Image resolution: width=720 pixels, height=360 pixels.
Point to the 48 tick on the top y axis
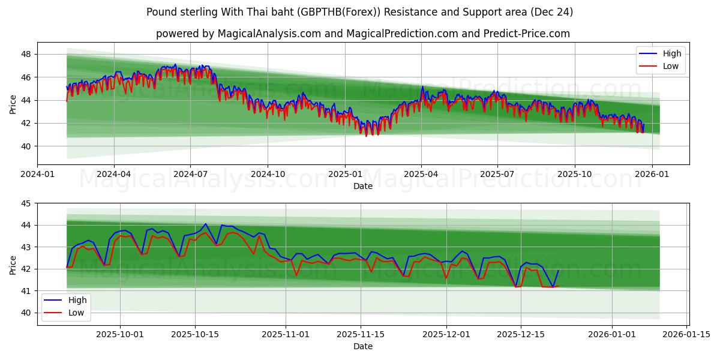(x=26, y=54)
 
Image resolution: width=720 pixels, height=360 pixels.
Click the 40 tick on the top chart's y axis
(x=26, y=146)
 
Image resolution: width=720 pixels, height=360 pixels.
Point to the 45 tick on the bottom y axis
(x=26, y=203)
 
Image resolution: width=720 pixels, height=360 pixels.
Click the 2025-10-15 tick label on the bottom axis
(x=195, y=335)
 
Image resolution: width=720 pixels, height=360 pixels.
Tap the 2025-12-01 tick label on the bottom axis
(x=446, y=335)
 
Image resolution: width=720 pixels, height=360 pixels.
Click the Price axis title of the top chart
(x=13, y=104)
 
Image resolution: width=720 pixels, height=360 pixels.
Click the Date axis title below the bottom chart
(x=362, y=346)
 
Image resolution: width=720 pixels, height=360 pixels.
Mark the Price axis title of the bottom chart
(x=13, y=264)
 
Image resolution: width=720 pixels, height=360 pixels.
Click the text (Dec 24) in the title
(x=551, y=12)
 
